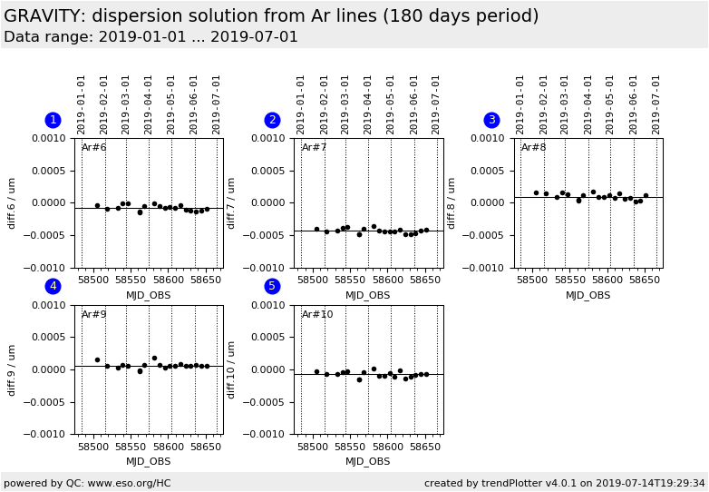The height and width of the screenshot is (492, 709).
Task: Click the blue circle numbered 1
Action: [53, 120]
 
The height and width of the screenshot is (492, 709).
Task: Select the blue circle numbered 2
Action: [272, 120]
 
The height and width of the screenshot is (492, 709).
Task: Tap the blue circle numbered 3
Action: [491, 120]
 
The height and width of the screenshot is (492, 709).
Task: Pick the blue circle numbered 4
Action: [53, 287]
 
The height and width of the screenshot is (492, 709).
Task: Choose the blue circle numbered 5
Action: [272, 287]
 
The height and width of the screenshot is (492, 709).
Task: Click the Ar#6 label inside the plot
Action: [94, 148]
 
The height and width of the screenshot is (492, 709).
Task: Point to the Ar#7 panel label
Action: [314, 148]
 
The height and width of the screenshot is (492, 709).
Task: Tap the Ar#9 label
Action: [94, 315]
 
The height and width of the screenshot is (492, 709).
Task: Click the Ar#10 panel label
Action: [317, 315]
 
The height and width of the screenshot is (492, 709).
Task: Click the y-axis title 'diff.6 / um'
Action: [13, 202]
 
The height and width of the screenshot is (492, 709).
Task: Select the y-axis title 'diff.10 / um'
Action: [232, 369]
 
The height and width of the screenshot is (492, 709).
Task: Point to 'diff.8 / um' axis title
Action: [452, 202]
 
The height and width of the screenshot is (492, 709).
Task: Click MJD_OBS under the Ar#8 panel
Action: [588, 295]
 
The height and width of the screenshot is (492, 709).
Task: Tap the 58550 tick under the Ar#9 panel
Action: [131, 447]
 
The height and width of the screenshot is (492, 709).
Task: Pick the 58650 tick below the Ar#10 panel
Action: [424, 447]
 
